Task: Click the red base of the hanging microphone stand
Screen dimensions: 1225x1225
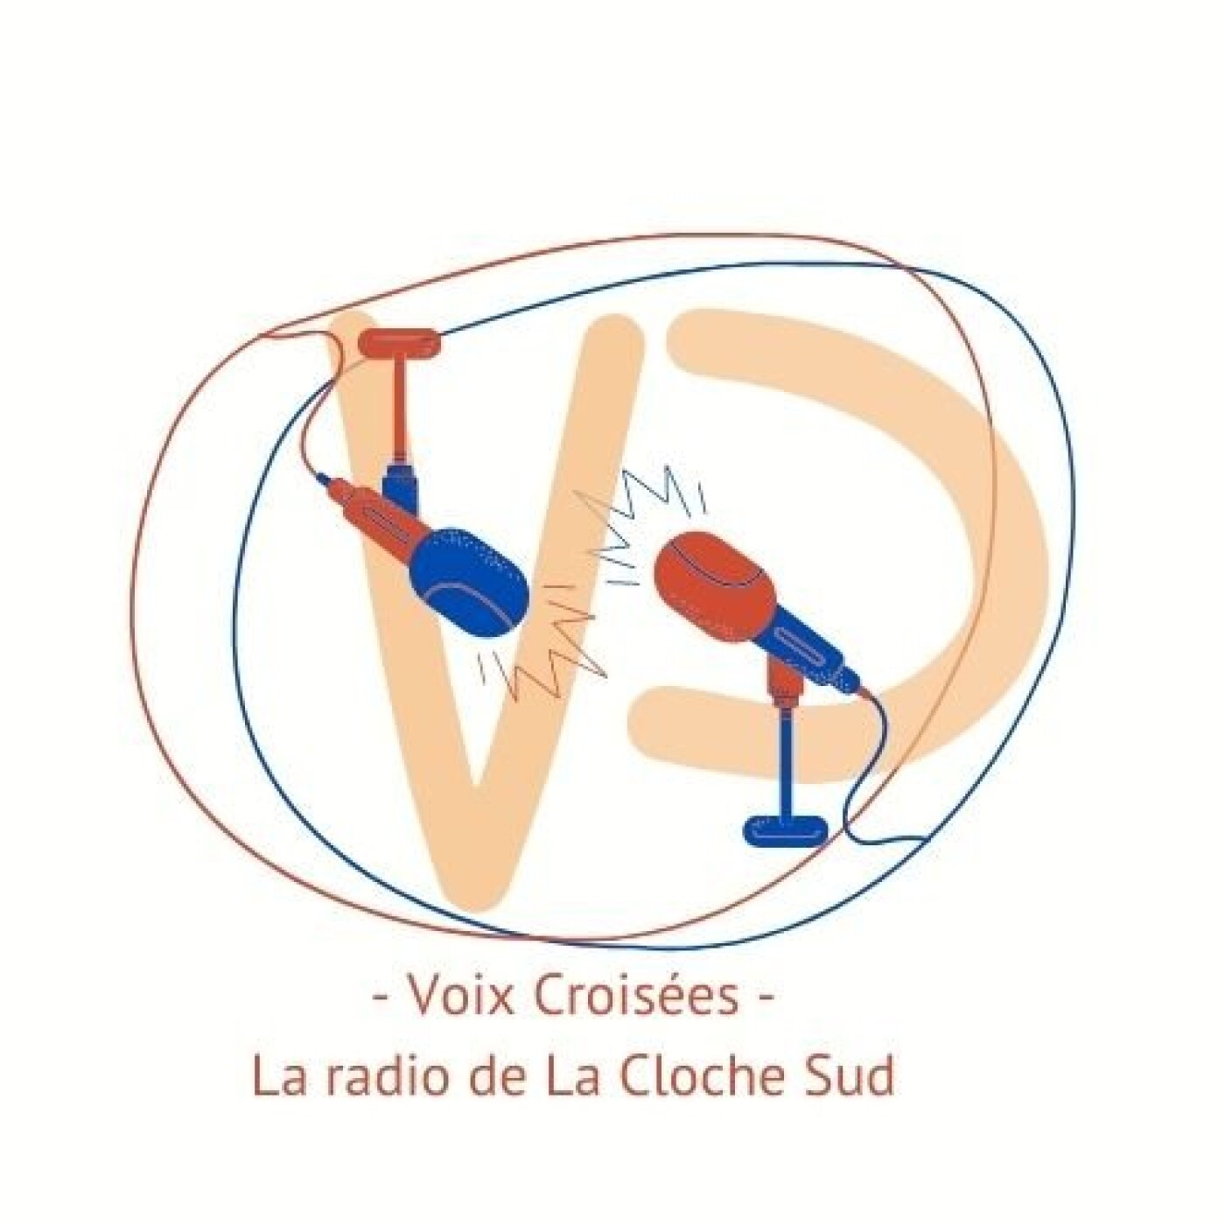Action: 401,341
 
